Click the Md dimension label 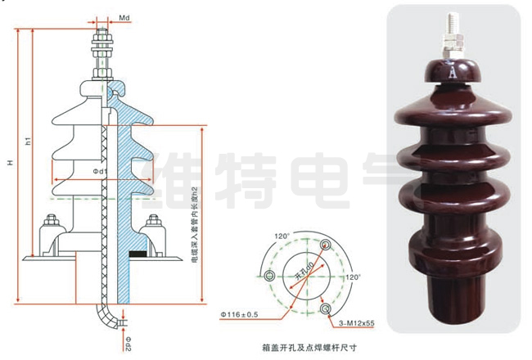point(125,17)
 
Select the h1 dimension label point(28,141)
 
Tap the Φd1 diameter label point(101,171)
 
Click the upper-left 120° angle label point(282,237)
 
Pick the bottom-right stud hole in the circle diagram point(327,308)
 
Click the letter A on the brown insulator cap point(451,71)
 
